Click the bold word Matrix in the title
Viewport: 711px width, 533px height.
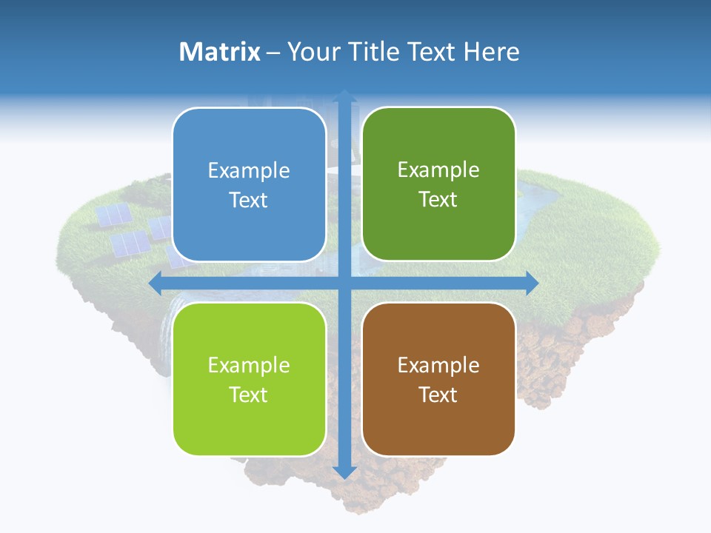point(220,52)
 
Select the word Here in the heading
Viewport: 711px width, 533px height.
point(491,52)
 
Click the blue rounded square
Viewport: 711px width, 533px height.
point(249,184)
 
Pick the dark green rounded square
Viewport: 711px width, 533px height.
point(438,184)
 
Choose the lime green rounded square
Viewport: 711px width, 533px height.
point(249,379)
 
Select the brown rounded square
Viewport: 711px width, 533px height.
point(438,379)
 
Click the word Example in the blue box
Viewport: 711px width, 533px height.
point(249,171)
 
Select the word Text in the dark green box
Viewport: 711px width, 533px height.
point(438,200)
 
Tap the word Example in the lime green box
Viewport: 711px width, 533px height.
point(249,365)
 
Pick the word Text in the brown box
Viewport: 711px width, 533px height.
point(438,395)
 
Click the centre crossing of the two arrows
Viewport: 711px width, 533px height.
point(344,283)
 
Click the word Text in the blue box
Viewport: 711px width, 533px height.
point(249,200)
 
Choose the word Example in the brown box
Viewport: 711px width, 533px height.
point(438,365)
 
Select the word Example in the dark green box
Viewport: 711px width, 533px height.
point(438,170)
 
